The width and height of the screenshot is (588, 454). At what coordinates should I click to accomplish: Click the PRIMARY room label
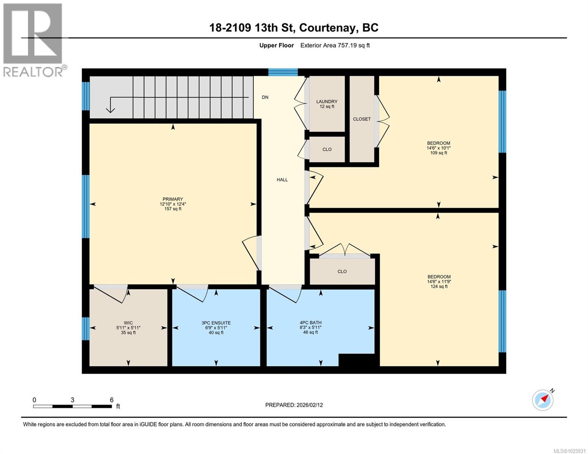[173, 199]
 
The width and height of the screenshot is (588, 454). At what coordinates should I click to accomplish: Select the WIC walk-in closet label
[128, 323]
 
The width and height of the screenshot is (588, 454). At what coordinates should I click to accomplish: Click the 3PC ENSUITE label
[216, 323]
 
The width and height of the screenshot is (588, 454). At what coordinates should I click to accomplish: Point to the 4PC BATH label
[310, 323]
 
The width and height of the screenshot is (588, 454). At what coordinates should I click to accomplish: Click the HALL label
[282, 180]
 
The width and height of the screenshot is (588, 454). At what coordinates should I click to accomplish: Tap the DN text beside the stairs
[265, 97]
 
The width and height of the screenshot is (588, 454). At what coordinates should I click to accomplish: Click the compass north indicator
[543, 400]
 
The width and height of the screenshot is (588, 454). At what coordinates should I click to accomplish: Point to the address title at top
[294, 28]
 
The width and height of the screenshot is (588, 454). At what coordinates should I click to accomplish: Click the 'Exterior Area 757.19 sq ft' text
[335, 45]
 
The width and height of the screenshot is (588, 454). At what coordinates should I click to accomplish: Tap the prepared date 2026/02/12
[294, 405]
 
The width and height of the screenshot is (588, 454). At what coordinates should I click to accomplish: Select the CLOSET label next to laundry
[362, 119]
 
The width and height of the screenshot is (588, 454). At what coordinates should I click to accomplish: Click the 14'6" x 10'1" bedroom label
[438, 148]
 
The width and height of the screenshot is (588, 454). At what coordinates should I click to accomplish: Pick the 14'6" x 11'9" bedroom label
[438, 281]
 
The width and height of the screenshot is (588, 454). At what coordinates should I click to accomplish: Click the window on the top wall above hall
[283, 72]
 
